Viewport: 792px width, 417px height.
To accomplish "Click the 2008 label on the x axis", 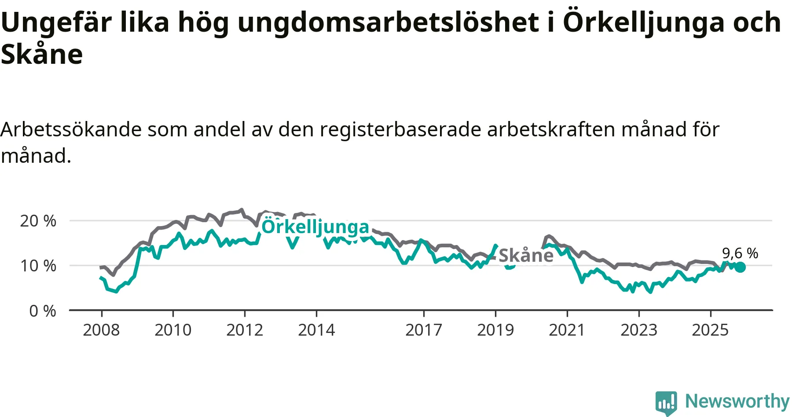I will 101,330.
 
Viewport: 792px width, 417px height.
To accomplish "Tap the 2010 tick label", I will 173,330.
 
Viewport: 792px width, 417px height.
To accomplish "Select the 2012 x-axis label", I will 245,330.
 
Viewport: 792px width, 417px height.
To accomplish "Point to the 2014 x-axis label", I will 316,330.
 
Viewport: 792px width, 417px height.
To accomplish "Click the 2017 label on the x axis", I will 424,330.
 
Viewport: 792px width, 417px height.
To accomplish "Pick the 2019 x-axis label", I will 495,330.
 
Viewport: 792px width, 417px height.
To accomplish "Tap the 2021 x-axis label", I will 567,330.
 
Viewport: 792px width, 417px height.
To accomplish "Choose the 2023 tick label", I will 639,330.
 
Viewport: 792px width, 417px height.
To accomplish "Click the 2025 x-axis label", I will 710,330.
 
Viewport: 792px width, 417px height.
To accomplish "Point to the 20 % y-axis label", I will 38,221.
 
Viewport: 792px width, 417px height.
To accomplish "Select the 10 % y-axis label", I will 38,266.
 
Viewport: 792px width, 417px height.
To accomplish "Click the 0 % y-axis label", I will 43,311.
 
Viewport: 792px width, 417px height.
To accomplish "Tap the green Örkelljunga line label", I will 315,227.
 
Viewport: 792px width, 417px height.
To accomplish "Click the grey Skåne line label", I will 526,256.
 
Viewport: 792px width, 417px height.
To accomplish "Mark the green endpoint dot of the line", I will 741,267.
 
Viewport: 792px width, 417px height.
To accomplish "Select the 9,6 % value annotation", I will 740,253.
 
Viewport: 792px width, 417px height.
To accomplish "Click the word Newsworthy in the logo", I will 737,401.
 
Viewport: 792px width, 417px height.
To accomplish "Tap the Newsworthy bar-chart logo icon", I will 666,402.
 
